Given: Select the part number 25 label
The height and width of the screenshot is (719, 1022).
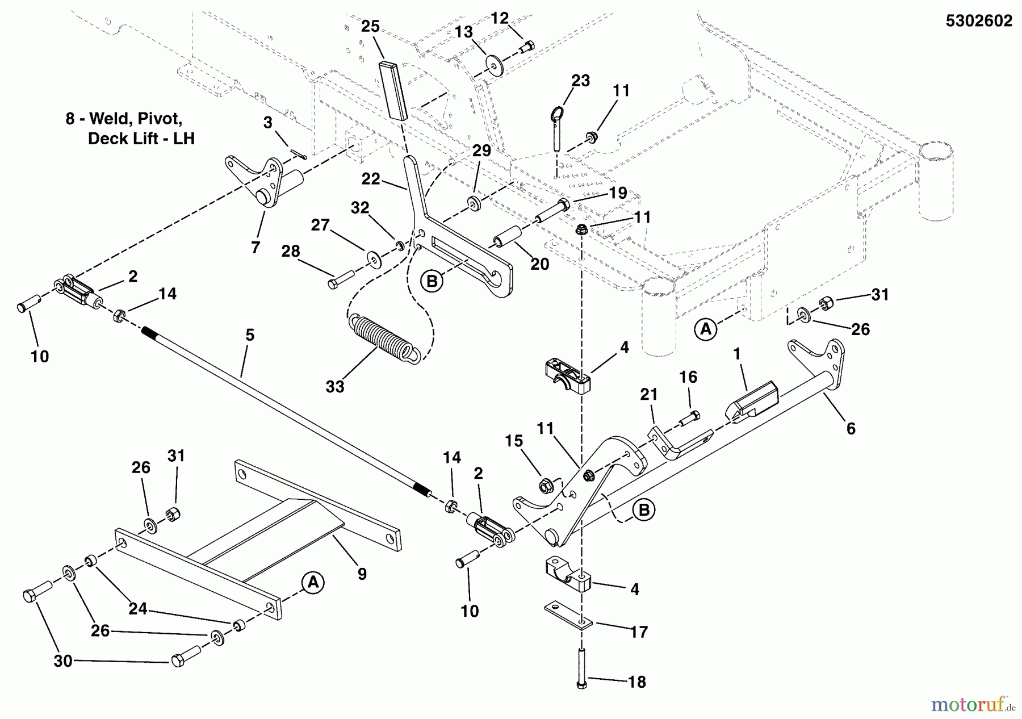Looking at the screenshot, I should tap(370, 27).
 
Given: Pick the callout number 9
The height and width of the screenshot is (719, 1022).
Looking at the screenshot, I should tap(362, 574).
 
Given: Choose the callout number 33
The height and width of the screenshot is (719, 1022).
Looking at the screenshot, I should tap(335, 387).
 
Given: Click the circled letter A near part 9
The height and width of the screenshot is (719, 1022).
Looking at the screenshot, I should tap(312, 583).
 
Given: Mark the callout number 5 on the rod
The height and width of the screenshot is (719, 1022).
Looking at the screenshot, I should tap(249, 336).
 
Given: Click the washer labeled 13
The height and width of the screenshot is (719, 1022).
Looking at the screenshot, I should tap(495, 64).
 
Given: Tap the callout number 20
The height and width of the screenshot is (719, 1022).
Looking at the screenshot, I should tap(539, 264).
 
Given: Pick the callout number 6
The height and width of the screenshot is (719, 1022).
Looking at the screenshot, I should tap(851, 429).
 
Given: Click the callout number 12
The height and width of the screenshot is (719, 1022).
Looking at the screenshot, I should tap(499, 18).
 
